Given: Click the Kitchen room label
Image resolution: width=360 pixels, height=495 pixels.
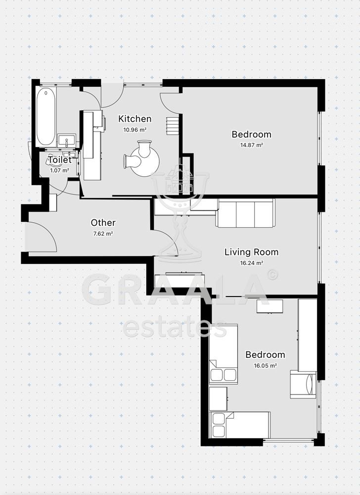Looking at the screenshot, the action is [x=135, y=119].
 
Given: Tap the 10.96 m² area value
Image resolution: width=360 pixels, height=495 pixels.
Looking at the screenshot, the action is [x=135, y=129].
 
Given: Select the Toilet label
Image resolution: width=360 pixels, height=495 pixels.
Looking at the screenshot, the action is [x=60, y=160].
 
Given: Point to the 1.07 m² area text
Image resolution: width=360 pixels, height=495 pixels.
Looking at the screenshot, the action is [x=59, y=170].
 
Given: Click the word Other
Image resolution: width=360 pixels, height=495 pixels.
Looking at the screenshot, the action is [x=103, y=223].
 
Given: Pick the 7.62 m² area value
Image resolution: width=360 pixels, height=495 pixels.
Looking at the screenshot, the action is [x=103, y=234].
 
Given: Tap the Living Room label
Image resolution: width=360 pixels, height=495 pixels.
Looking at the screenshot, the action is [x=251, y=252].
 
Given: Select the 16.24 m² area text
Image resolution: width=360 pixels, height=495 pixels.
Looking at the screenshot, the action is [x=252, y=263].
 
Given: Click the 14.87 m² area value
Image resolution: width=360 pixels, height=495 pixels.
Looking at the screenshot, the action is [x=251, y=145].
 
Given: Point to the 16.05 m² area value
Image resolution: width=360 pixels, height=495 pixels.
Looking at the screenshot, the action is [x=265, y=366].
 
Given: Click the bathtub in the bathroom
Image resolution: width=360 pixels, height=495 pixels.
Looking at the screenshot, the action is [x=46, y=116].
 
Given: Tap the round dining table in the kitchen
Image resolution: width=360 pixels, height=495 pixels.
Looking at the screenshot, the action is [x=145, y=162].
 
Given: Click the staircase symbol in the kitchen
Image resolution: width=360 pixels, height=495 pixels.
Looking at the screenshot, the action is [x=173, y=126].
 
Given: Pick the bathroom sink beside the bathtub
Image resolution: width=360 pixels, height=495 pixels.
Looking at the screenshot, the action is [x=67, y=141].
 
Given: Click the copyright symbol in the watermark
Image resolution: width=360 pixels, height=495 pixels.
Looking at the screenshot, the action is [x=272, y=275].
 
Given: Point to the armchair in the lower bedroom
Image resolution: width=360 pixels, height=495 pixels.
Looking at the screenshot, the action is [x=303, y=385].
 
